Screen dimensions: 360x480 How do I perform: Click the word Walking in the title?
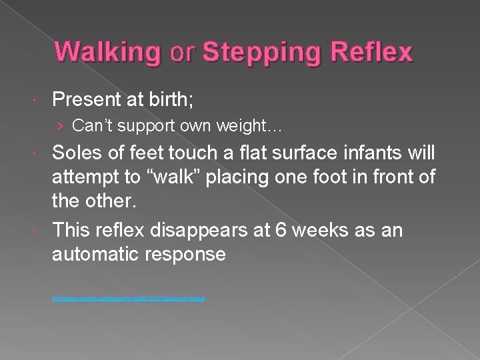coord(107,53)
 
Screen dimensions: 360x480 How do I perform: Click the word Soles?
coord(81,153)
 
